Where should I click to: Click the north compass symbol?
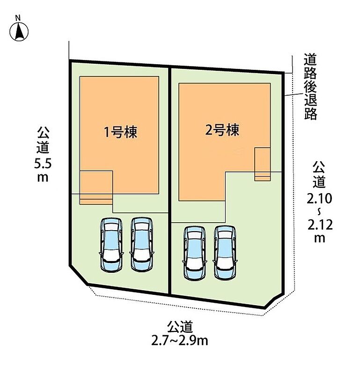tap(19, 31)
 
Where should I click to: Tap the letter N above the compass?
tap(18, 17)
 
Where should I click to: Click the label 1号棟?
tap(121, 132)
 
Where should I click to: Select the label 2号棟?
tap(222, 130)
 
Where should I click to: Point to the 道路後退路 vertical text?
tap(310, 87)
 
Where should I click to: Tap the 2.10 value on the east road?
tap(319, 198)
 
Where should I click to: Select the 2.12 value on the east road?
tap(320, 225)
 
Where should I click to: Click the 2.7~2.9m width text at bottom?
tap(180, 341)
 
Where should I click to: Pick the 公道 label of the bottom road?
tap(180, 327)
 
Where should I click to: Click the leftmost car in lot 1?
tap(111, 244)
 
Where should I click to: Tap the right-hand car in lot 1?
tap(142, 244)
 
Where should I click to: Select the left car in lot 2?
tap(195, 253)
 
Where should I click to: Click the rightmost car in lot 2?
tap(225, 253)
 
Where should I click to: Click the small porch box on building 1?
tap(96, 187)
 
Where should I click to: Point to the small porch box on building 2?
tap(262, 164)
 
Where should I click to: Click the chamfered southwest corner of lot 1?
tap(78, 275)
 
